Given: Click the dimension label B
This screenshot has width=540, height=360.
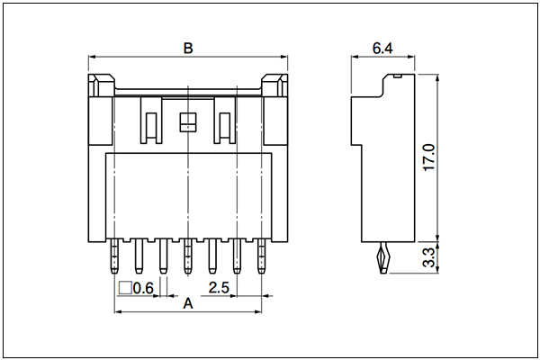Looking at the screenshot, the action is pos(188,49).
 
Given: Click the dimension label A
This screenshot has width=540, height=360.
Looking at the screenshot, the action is pos(188,304).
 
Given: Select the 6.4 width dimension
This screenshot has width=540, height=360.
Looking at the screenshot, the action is pos(382,49).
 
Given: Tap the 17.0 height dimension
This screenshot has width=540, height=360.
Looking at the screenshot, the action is pos(429,157).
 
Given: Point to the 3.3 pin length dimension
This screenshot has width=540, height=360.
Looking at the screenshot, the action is pos(429,258).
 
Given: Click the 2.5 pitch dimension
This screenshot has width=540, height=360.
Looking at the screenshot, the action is pos(219,288).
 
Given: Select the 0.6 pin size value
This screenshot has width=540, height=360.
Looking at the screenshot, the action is pos(143,288).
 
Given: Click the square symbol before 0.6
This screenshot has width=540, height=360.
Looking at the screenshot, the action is pos(125,288).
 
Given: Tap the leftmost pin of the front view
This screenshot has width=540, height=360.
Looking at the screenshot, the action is pos(114,256).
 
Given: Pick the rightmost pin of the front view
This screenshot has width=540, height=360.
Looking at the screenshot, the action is pos(261,256).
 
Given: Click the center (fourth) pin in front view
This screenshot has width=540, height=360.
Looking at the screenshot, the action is pos(188,256).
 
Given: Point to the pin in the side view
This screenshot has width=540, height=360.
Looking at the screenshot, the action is pos(384,257).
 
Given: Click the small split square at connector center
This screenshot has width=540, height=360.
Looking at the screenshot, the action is pos(188,122).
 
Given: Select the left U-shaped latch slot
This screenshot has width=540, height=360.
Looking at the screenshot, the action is pos(151,121).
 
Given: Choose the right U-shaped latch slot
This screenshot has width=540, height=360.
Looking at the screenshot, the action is pos(225,121).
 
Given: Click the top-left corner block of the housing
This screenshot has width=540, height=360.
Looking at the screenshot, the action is pos(101,85).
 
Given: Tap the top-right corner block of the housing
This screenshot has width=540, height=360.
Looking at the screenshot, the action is pos(274,85).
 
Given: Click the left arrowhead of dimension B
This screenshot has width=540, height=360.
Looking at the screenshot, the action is pos(92,57).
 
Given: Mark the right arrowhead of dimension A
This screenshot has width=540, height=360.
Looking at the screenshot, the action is pos(257,311).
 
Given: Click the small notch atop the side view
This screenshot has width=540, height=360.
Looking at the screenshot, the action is pos(398,76).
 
